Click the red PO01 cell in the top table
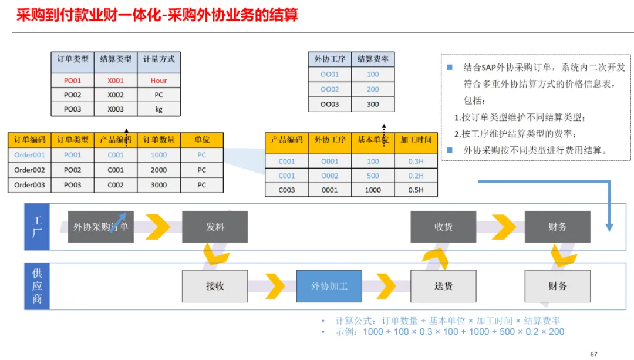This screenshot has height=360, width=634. (72, 80)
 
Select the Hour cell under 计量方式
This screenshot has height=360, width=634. (158, 80)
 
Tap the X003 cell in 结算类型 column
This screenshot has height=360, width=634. (116, 109)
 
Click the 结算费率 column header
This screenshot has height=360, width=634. (373, 59)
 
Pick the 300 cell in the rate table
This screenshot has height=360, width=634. (373, 104)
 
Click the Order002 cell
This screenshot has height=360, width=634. (29, 170)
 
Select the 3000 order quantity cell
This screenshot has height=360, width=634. (158, 185)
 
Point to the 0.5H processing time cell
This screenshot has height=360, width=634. (416, 190)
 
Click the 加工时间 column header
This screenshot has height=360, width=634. (416, 140)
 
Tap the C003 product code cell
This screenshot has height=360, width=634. (286, 190)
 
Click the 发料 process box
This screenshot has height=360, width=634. (215, 227)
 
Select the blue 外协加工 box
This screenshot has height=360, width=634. (329, 286)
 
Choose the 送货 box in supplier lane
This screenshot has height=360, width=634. (443, 286)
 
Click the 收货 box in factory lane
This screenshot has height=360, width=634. (443, 227)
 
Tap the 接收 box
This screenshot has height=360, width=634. (215, 286)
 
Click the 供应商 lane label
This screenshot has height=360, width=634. (37, 287)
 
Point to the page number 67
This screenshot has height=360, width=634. (593, 354)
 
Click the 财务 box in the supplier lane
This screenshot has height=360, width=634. (557, 286)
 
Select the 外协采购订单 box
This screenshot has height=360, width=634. (100, 227)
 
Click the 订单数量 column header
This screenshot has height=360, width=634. (158, 140)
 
